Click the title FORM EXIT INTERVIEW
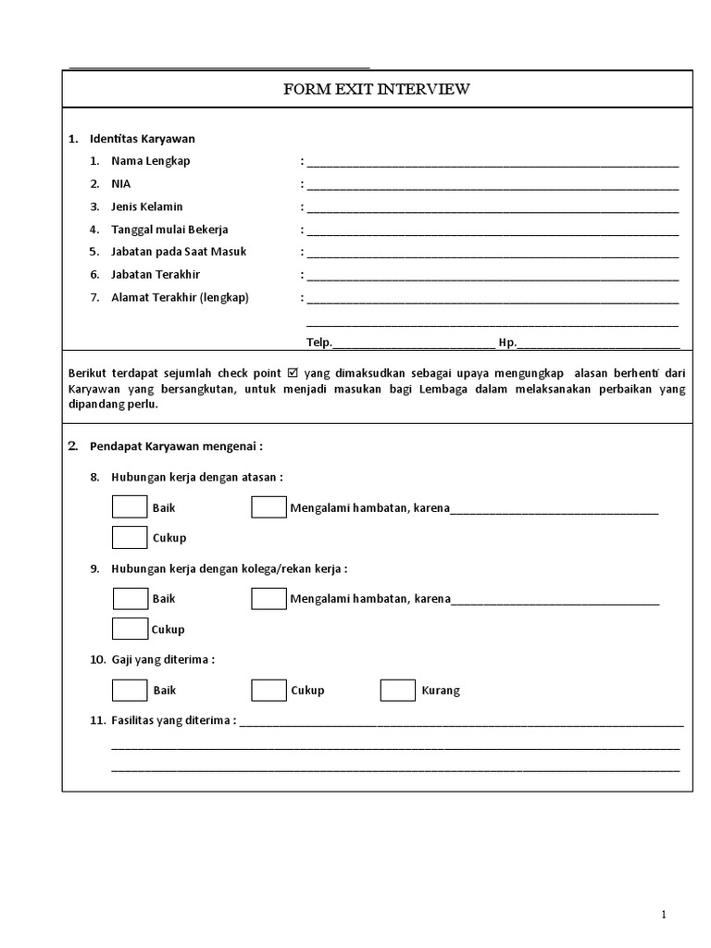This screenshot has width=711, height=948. tap(377, 90)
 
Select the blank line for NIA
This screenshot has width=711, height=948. tap(493, 184)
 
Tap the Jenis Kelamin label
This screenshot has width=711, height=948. tap(147, 206)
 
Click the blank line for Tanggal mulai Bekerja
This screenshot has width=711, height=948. tap(493, 230)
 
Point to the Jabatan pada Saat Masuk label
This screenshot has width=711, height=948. tap(179, 252)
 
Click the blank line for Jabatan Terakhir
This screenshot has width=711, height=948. tap(493, 275)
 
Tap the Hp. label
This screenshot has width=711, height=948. tap(507, 343)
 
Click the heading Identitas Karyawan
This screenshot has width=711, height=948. tap(143, 139)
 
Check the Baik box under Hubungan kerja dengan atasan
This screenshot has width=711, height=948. tap(130, 507)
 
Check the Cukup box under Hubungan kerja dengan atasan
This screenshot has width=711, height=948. tap(130, 537)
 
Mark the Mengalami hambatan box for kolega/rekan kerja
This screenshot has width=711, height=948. tap(268, 599)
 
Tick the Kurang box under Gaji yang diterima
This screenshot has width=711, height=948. tap(398, 691)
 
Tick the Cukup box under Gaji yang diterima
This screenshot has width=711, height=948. tap(268, 691)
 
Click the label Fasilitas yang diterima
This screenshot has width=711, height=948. tap(172, 720)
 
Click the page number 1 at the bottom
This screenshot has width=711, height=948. tap(664, 916)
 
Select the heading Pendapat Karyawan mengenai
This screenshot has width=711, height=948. tap(176, 446)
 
